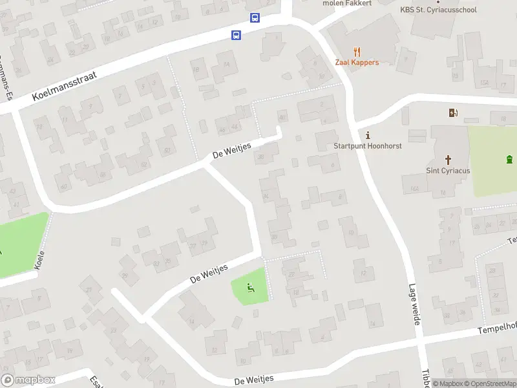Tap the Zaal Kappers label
coord(357,62)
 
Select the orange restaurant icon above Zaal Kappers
coord(357,52)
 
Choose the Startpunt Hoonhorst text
coord(368,145)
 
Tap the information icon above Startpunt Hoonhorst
coord(368,135)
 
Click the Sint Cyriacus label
coord(447,171)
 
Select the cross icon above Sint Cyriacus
coord(447,159)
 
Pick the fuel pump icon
coord(454,113)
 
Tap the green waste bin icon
coord(509,159)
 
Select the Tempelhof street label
coord(498,327)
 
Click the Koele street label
coord(40,261)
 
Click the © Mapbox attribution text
coord(448,383)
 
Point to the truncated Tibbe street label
coord(427,378)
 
